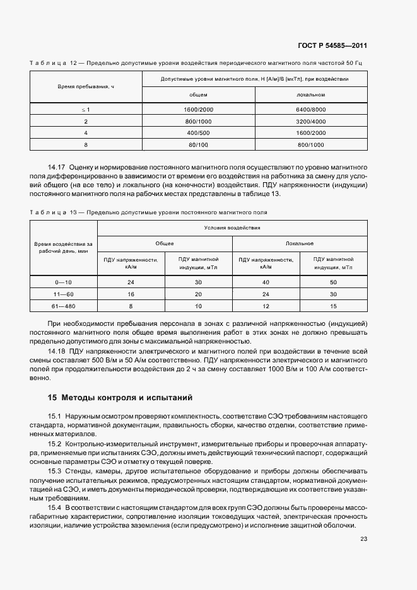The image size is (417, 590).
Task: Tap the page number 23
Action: [x=363, y=538]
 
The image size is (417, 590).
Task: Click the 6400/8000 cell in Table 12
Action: [x=310, y=109]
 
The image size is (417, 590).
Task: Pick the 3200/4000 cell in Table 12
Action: [x=310, y=121]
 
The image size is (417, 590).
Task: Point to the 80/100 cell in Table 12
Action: [x=198, y=145]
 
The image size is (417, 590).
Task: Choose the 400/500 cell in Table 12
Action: [x=198, y=133]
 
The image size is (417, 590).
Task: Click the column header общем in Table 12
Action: [x=198, y=95]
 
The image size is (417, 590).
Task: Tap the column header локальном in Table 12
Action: [x=310, y=95]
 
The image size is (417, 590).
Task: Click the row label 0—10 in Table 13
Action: [x=64, y=282]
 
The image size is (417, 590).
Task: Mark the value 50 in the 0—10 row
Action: [x=332, y=282]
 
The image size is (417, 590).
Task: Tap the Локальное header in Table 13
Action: [x=300, y=243]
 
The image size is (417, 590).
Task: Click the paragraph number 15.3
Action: [x=56, y=471]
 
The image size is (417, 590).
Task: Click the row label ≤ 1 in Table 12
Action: [x=86, y=109]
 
